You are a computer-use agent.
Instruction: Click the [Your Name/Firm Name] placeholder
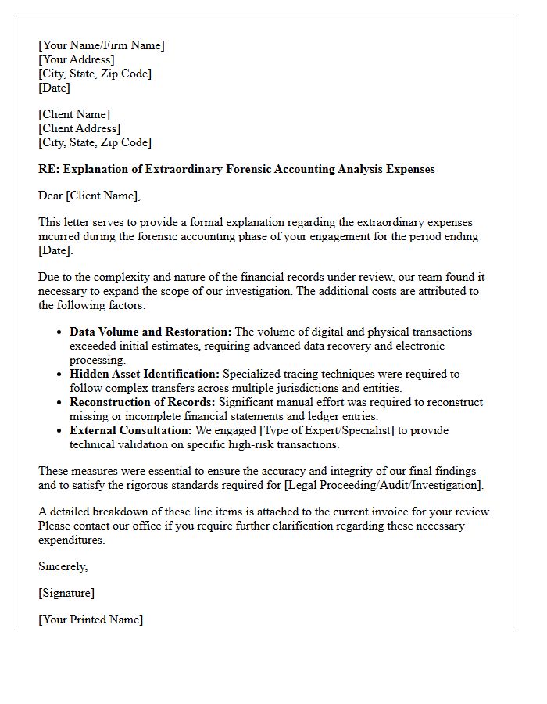click(x=102, y=45)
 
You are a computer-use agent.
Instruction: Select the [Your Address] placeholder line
click(x=77, y=59)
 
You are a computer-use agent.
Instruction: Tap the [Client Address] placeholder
click(x=79, y=128)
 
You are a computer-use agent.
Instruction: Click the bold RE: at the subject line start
click(x=48, y=169)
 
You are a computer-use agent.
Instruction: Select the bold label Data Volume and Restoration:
click(x=150, y=332)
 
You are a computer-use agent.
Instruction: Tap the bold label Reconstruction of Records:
click(x=142, y=402)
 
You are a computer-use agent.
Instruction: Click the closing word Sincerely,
click(x=63, y=566)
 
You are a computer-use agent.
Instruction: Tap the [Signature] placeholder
click(x=66, y=593)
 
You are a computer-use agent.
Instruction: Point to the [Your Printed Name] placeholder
click(x=91, y=620)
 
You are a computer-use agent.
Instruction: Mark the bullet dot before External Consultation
click(x=59, y=431)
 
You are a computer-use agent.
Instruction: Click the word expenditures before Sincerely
click(x=71, y=540)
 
